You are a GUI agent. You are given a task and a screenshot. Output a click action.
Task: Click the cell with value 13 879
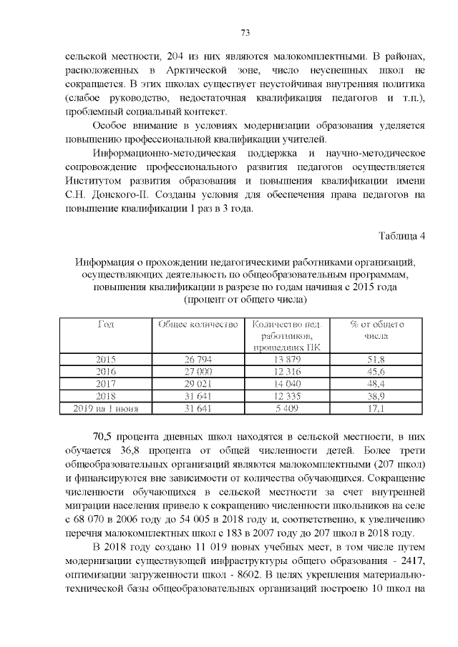click(286, 359)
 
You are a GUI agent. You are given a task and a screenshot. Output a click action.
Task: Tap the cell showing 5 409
click(286, 408)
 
